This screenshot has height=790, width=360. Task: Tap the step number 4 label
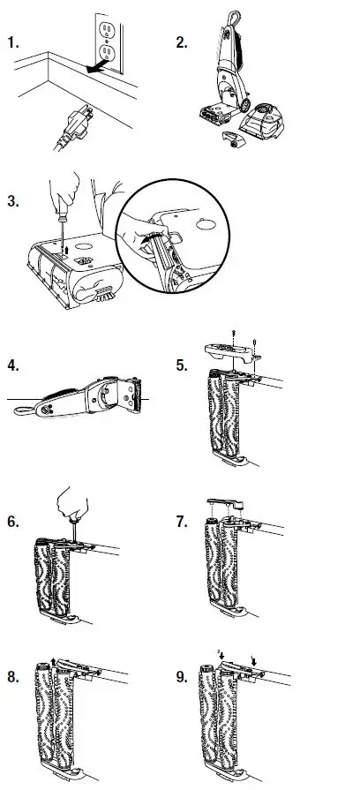[11, 365]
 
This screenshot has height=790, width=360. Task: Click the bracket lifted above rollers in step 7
[227, 505]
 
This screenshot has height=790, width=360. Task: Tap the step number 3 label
[11, 200]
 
